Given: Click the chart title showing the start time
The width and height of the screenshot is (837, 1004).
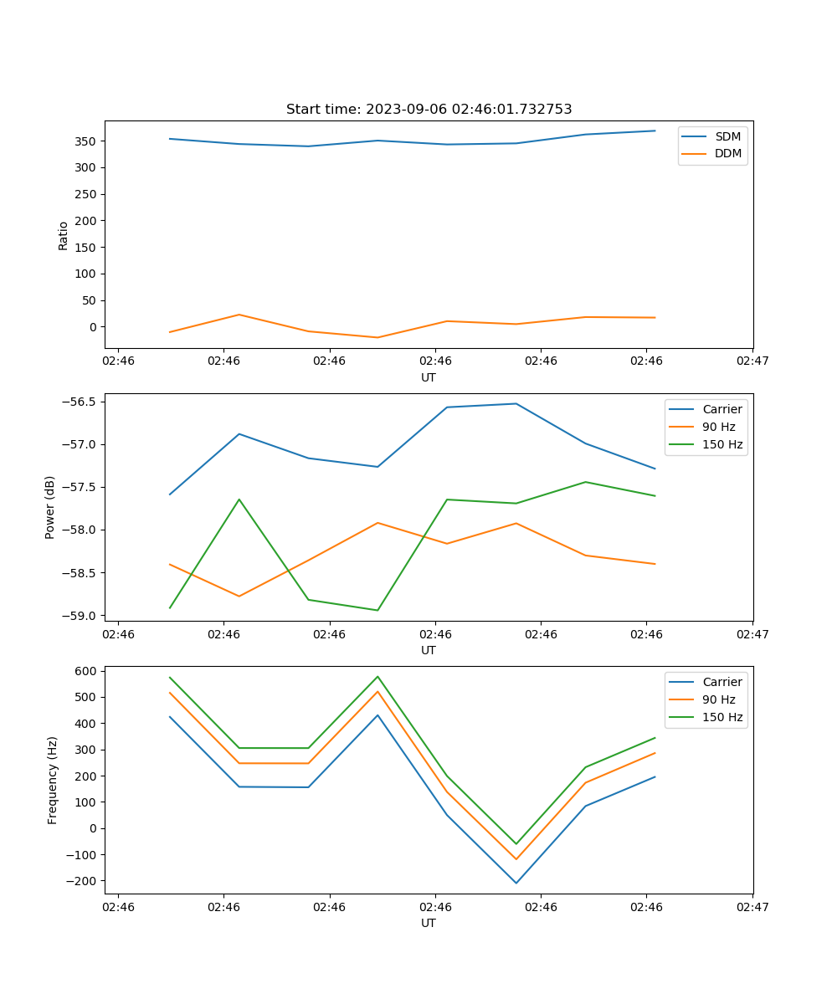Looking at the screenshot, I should click(429, 110).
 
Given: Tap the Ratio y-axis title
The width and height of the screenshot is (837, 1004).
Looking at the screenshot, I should click(64, 235).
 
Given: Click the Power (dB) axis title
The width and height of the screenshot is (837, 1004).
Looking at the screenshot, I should click(50, 507).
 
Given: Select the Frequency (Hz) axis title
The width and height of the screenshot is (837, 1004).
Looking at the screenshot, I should click(53, 780).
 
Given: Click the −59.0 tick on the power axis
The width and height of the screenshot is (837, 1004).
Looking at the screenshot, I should click(80, 616).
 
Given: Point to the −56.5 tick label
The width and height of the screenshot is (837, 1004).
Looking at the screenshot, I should click(80, 402).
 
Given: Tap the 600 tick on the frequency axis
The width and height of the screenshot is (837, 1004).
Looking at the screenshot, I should click(86, 671).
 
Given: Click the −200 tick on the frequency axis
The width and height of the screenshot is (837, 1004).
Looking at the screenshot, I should click(83, 881).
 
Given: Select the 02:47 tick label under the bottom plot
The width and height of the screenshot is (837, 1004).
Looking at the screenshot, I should click(752, 907).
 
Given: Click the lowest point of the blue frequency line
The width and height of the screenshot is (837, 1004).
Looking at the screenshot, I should click(516, 883).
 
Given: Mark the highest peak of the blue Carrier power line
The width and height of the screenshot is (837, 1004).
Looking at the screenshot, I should click(516, 404).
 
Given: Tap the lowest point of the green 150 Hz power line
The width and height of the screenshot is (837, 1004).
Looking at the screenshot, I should click(377, 610).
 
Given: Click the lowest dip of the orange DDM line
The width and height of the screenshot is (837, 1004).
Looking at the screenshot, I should click(377, 337).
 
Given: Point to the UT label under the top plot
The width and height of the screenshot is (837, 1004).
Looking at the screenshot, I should click(429, 377).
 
